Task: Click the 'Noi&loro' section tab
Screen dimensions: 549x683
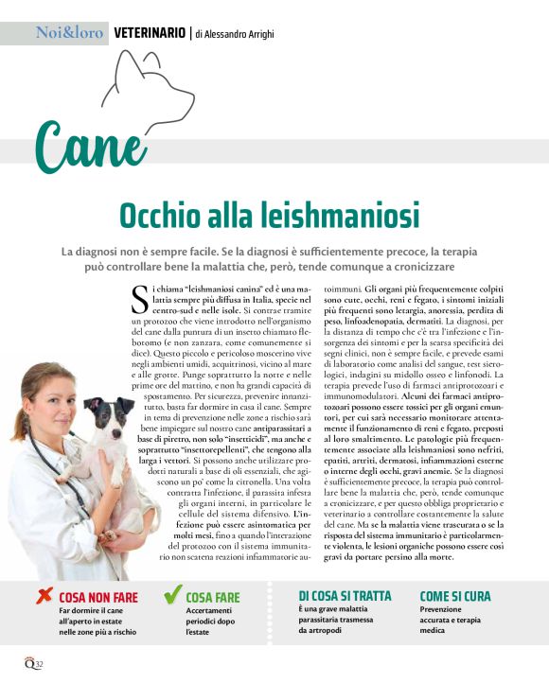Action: click(x=69, y=33)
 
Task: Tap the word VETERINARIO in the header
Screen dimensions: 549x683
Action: click(x=150, y=33)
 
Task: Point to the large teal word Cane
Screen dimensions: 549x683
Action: click(x=91, y=147)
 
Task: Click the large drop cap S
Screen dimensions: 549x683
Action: click(x=138, y=296)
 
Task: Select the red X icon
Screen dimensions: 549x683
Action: click(x=44, y=596)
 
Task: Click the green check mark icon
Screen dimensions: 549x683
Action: click(x=172, y=595)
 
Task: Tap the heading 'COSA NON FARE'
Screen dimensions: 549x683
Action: click(x=98, y=598)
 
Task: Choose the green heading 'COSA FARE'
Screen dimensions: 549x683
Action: click(x=213, y=598)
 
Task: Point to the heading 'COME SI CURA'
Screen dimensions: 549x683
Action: click(x=455, y=595)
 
